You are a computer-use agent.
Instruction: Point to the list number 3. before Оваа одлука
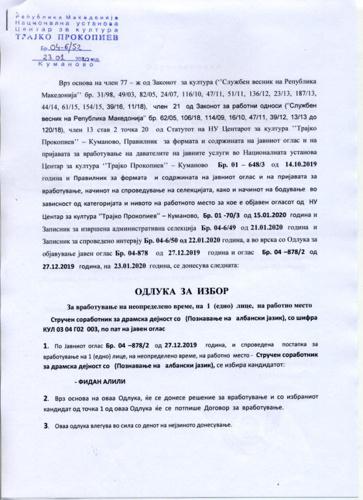tap(46, 425)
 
